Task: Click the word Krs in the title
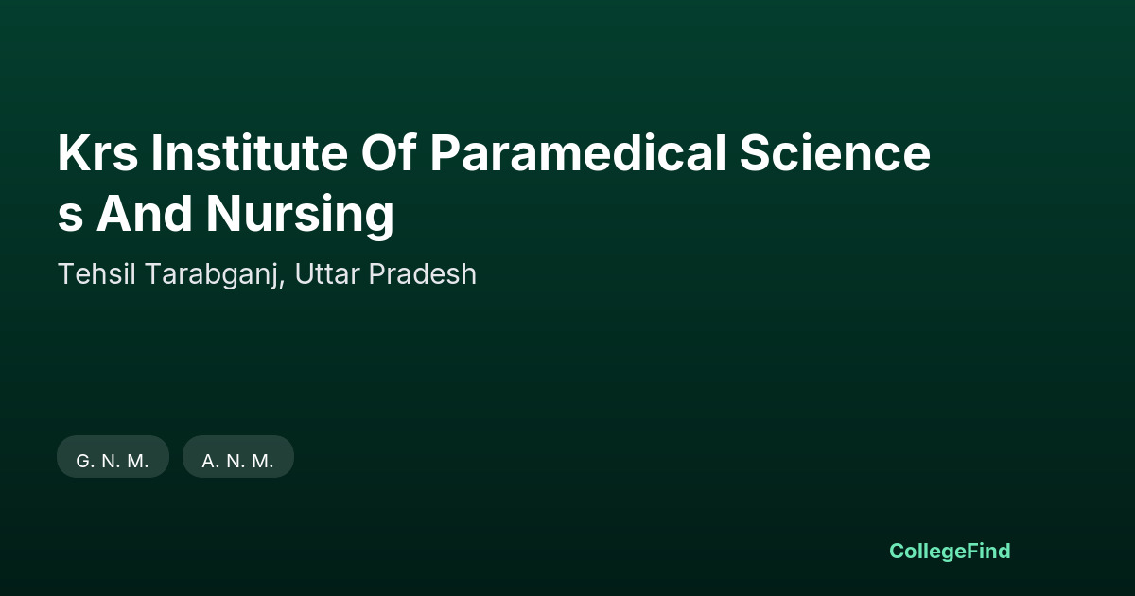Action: (97, 153)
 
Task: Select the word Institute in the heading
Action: (250, 152)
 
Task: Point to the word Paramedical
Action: (578, 152)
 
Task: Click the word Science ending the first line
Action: (834, 152)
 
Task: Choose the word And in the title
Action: (145, 213)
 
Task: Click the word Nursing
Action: (300, 216)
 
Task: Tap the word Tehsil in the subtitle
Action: (96, 274)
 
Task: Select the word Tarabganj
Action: (212, 275)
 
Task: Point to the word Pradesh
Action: (423, 274)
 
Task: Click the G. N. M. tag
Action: (113, 457)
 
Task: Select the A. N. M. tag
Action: (238, 457)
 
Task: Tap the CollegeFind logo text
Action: (950, 552)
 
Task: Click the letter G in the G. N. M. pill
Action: (82, 462)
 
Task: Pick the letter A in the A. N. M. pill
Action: (209, 462)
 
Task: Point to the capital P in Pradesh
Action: (377, 274)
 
